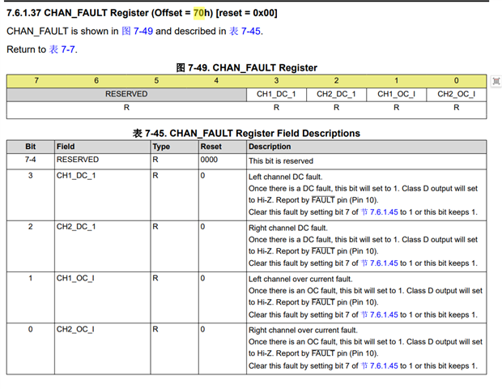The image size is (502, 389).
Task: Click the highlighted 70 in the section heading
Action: [198, 13]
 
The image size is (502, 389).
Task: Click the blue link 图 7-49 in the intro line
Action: [138, 31]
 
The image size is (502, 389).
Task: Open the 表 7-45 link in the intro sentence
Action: [245, 31]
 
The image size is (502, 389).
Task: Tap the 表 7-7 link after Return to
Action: [62, 49]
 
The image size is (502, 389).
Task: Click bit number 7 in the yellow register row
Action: [36, 80]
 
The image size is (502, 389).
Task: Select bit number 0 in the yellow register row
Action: [456, 80]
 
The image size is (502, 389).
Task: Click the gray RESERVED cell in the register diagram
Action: [126, 94]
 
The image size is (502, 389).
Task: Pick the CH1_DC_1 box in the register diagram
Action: [276, 94]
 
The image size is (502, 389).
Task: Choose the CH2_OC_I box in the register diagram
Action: [456, 94]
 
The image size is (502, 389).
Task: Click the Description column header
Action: [270, 147]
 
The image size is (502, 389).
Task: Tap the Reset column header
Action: [211, 147]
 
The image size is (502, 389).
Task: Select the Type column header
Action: [161, 147]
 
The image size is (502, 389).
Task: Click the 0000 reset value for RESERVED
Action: [209, 160]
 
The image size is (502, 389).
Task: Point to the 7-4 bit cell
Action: [31, 160]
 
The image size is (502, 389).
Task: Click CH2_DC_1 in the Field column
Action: [76, 227]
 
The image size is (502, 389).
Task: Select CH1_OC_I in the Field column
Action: [75, 278]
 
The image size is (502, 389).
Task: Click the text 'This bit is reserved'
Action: [281, 160]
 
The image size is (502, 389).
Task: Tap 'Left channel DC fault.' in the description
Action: [286, 177]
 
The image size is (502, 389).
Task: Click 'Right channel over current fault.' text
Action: [303, 331]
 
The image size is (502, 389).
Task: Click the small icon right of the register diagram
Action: [496, 81]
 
